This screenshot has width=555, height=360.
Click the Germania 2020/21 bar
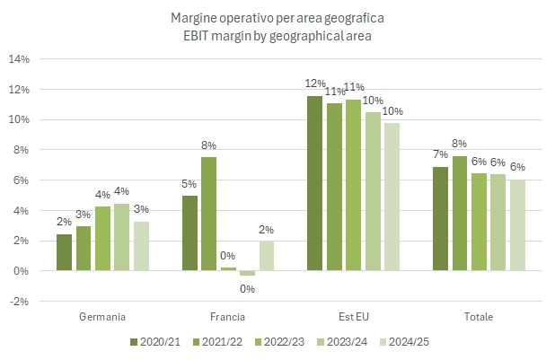[x=63, y=252]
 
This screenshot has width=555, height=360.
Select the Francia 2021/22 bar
[x=207, y=214]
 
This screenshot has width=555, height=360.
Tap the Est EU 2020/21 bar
[x=314, y=183]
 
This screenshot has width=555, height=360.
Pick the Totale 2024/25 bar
[x=518, y=225]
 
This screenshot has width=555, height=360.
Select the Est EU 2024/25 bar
[x=392, y=197]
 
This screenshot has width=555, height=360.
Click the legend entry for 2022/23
[x=286, y=341]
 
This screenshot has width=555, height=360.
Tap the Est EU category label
[x=353, y=316]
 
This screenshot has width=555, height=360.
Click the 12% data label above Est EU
[x=314, y=83]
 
